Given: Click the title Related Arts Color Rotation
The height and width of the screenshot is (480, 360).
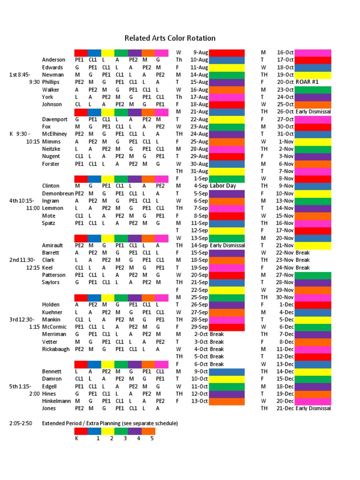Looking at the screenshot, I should (x=170, y=38).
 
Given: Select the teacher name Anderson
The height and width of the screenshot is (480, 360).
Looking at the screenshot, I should (x=54, y=60).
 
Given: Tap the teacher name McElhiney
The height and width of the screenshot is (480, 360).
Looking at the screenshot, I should (x=54, y=134).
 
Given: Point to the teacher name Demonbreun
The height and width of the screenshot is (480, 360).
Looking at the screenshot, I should (x=58, y=193).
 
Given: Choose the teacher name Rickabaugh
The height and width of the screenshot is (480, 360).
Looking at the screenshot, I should (x=56, y=349).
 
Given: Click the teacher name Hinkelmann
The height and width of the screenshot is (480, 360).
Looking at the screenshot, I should (x=57, y=401).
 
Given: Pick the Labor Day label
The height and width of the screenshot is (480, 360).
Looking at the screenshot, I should (x=223, y=186).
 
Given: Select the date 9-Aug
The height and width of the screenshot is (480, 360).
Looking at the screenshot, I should (x=200, y=52).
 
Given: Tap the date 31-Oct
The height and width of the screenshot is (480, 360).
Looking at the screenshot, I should (x=285, y=134).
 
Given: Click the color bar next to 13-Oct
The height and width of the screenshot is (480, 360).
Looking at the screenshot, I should (x=227, y=401).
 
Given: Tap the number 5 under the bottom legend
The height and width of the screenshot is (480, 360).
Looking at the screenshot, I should (x=152, y=439).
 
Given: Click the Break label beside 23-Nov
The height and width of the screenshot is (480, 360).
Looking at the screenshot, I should (x=302, y=260).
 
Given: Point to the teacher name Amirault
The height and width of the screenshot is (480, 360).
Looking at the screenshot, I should (x=53, y=246).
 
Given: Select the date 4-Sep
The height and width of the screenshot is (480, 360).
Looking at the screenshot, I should (x=201, y=186).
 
